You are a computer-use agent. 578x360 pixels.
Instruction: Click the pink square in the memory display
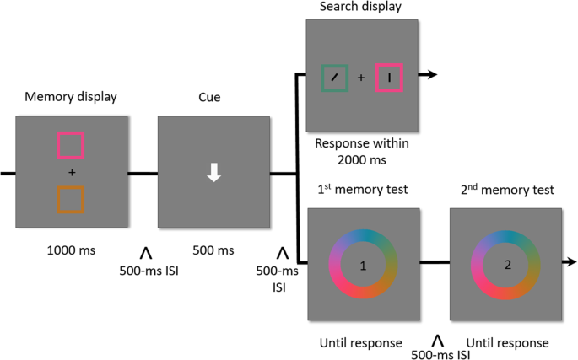[71, 146]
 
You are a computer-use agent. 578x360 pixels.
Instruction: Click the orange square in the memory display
[71, 200]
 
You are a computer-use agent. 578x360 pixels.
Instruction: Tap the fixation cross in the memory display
[72, 173]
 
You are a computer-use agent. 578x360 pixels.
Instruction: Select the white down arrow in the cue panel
[213, 172]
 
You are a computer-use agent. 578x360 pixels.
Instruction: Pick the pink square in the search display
[389, 78]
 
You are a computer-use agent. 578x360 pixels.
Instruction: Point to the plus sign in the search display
[361, 78]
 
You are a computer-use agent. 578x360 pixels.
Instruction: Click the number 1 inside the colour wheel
[363, 265]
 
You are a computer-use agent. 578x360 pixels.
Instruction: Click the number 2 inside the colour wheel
[507, 265]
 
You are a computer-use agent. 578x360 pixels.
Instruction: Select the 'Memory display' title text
[72, 97]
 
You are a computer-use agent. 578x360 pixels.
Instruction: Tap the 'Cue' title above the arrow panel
[213, 97]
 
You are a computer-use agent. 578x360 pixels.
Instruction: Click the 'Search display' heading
[361, 8]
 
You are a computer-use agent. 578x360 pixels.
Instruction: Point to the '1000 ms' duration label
[72, 250]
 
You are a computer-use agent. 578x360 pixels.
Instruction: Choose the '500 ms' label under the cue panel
[213, 250]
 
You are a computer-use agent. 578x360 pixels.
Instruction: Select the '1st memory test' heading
[363, 190]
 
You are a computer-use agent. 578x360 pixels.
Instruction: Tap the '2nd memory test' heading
[507, 190]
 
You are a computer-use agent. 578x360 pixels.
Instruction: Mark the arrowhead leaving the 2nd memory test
[573, 262]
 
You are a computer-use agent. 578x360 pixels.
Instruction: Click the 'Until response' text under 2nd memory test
[507, 342]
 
